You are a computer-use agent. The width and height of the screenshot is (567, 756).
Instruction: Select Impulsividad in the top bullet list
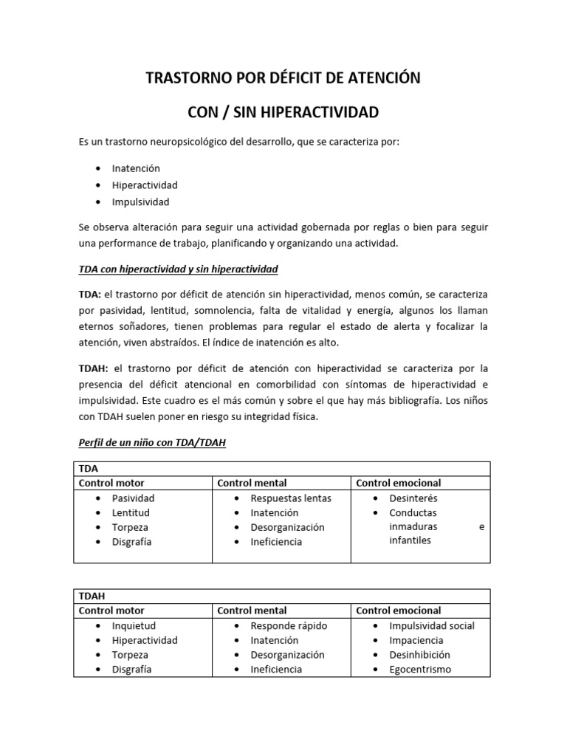[x=140, y=202]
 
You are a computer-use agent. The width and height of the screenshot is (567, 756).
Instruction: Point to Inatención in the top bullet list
[x=136, y=168]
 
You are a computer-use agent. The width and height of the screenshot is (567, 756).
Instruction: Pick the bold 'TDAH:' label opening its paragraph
[x=93, y=368]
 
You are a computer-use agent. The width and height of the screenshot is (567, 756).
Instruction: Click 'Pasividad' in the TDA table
[x=133, y=498]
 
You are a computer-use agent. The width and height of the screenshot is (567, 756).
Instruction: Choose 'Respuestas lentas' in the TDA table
[x=291, y=498]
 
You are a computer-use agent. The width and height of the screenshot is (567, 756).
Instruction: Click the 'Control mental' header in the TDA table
[x=252, y=483]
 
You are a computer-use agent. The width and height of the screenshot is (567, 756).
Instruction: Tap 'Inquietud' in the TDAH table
[x=133, y=625]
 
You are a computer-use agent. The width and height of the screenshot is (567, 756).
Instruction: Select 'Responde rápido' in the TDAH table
[x=287, y=625]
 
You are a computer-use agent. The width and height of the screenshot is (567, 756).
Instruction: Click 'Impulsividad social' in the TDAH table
[x=432, y=625]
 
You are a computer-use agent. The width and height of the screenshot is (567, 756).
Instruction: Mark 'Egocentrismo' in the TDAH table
[x=420, y=670]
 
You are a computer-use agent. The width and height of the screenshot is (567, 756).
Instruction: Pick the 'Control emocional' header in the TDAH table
[x=399, y=611]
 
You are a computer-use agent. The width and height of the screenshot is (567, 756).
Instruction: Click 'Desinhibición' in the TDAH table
[x=420, y=655]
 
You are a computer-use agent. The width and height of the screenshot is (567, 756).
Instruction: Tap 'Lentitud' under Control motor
[x=131, y=513]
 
